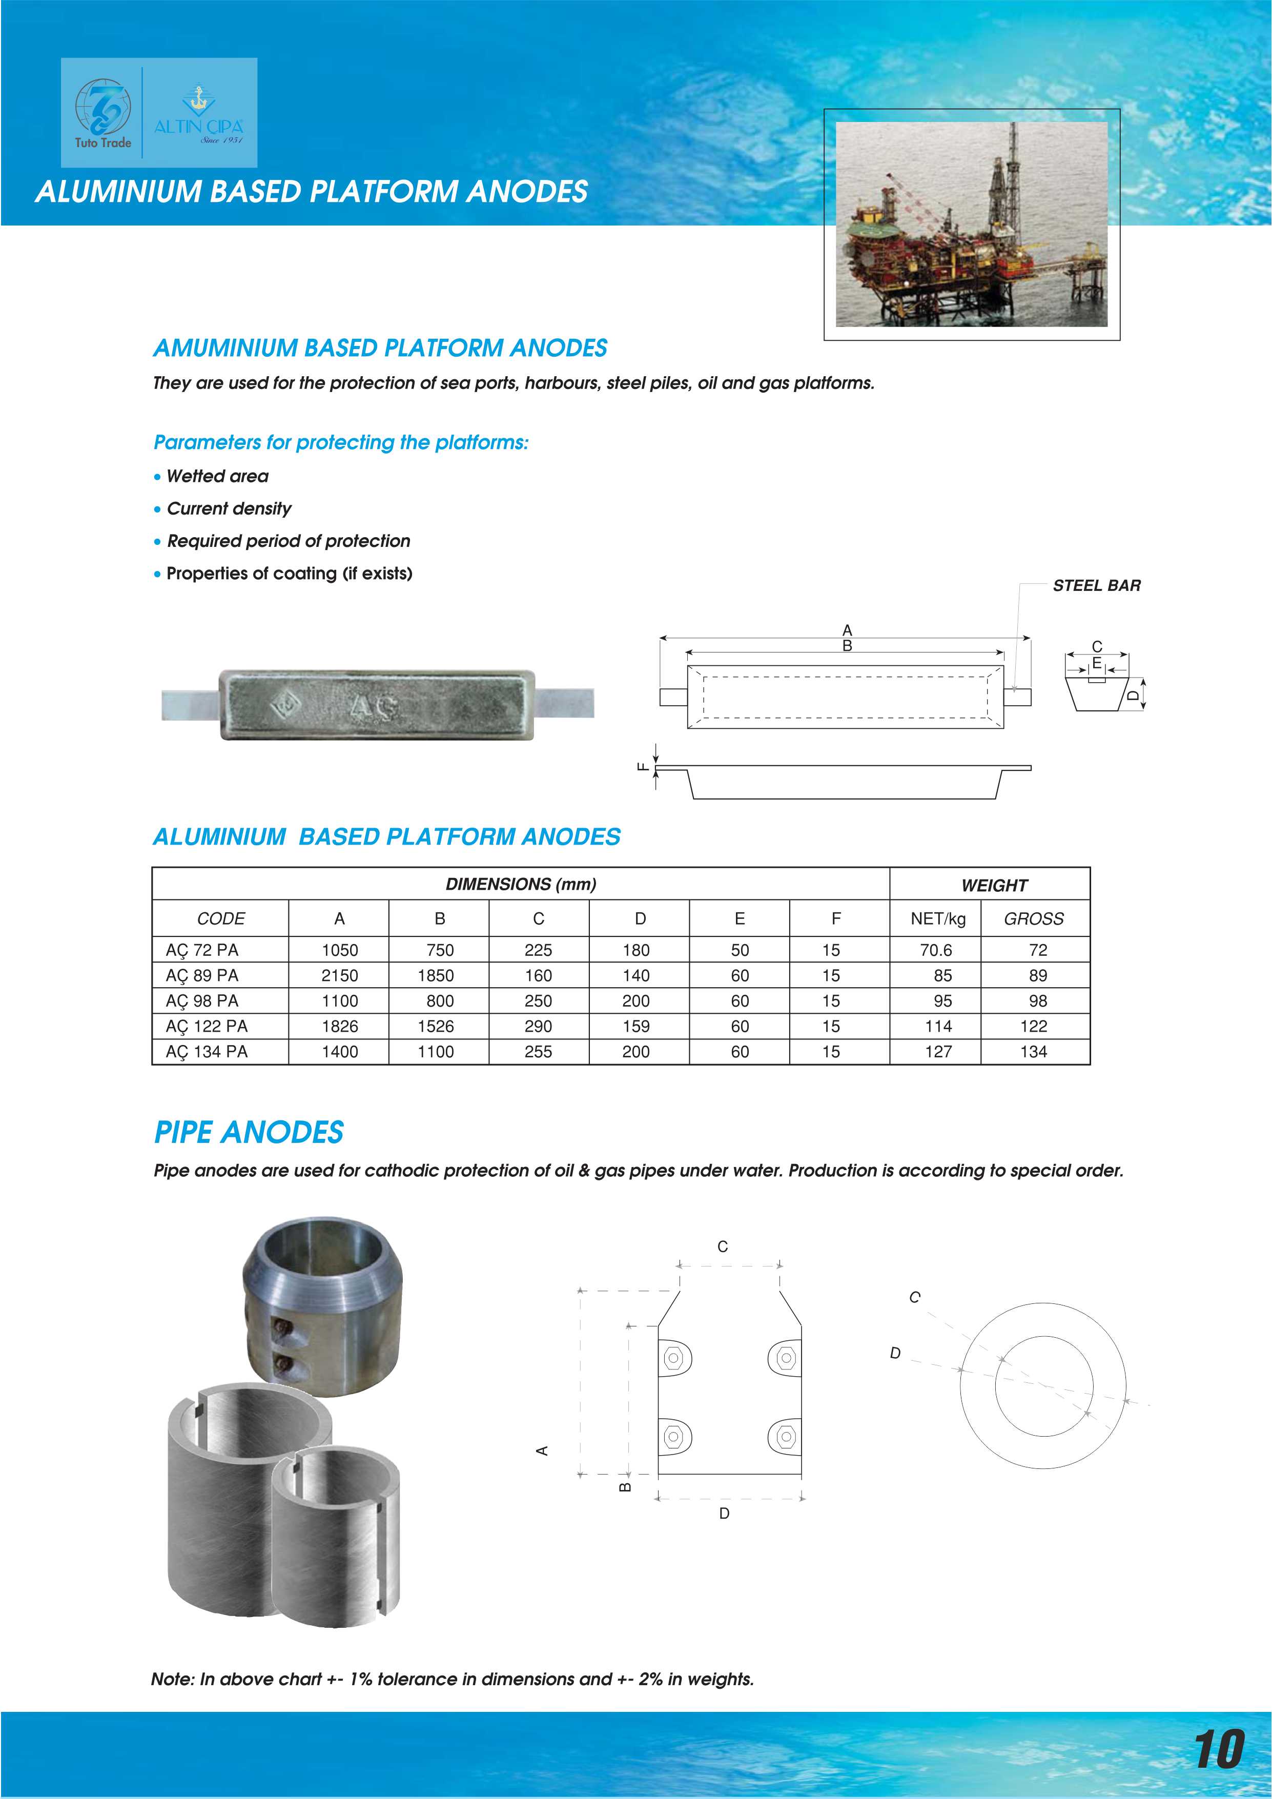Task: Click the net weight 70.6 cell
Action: click(935, 950)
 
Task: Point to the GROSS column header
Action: click(1033, 918)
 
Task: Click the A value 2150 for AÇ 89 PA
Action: click(339, 975)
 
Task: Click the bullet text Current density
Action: click(229, 508)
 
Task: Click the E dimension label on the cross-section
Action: click(1097, 663)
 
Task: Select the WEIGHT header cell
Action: click(993, 885)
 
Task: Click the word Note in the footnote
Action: click(171, 1679)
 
